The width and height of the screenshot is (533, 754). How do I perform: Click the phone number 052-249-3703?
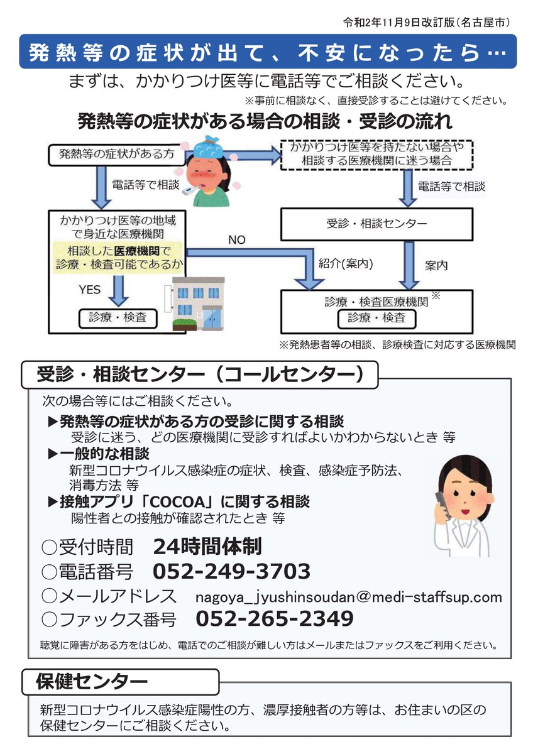231,572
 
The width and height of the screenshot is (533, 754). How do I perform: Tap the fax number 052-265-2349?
275,619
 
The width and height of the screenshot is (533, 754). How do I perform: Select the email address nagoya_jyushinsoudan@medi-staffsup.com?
348,596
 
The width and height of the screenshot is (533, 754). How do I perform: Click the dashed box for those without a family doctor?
376,154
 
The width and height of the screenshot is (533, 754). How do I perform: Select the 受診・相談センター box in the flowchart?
376,224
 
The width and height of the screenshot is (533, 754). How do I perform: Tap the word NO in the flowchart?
236,240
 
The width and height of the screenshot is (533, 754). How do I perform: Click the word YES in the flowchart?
89,290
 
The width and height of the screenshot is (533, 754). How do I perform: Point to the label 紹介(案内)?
346,264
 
